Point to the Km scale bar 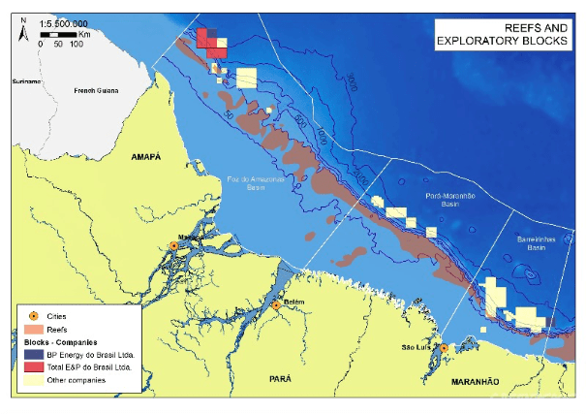pos(58,34)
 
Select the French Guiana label pos(96,91)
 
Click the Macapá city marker pos(173,246)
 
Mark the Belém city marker pos(276,305)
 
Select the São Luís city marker pos(443,348)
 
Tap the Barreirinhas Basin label pos(531,243)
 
